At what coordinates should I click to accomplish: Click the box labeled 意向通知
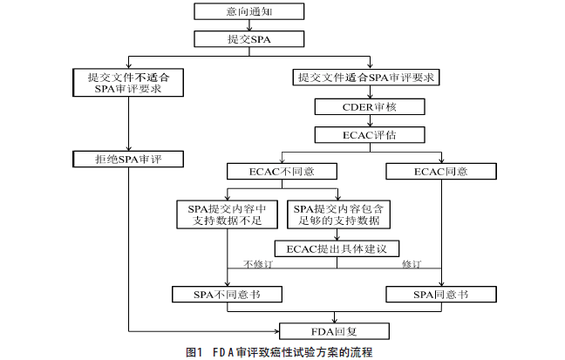coord(248,12)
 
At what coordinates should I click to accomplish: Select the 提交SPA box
coord(248,39)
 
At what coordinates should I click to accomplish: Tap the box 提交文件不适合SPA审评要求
coord(129,84)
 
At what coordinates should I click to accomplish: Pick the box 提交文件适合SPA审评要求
coord(370,78)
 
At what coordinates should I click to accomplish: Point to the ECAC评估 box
coord(370,135)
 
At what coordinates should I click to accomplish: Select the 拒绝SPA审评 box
coord(129,159)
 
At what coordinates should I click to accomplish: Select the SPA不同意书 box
coord(227,295)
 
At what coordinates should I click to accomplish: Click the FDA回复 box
coord(336,330)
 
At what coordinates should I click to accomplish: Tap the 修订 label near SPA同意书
coord(412,264)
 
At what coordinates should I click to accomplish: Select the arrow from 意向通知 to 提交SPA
coord(248,26)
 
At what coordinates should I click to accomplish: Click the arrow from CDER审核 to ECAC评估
coord(370,121)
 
